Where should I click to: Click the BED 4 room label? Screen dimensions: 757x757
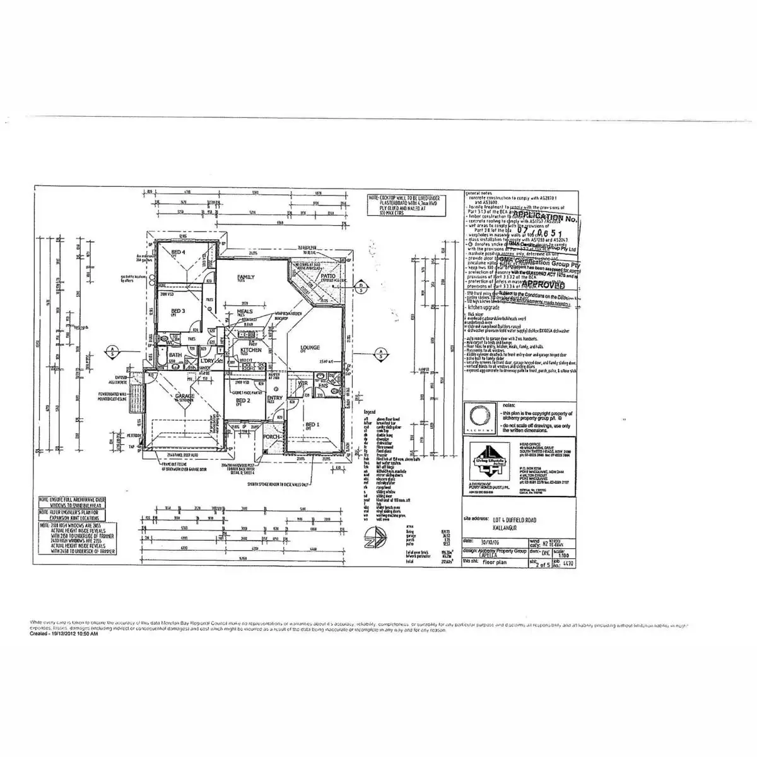[178, 252]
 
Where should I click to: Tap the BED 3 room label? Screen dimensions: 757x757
[178, 311]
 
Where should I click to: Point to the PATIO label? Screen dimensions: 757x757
[327, 276]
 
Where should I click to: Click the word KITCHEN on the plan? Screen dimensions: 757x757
[250, 349]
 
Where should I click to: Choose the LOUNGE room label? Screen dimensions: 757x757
[310, 347]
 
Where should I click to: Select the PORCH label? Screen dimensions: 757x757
[271, 437]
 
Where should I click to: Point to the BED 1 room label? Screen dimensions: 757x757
[312, 425]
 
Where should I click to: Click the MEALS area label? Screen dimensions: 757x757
[245, 312]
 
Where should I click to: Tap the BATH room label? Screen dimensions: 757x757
[175, 355]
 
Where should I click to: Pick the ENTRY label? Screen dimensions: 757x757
[275, 398]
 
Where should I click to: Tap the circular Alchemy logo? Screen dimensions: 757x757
[479, 416]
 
